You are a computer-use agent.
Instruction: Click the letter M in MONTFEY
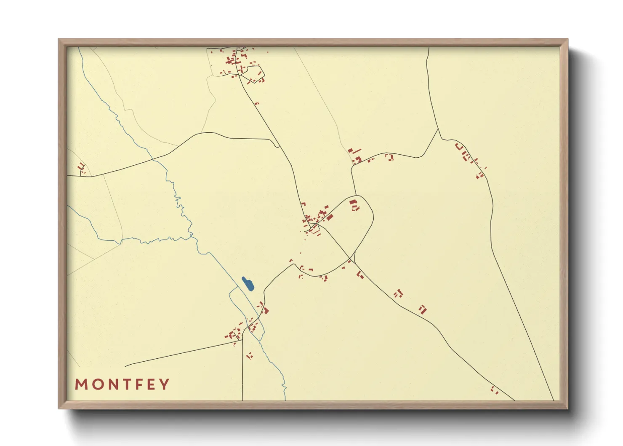(81, 384)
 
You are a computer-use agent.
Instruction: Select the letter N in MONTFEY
(111, 384)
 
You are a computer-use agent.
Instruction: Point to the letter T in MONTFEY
(125, 384)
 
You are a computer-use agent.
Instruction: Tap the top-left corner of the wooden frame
(59, 40)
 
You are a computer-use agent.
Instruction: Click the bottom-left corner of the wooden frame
(59, 408)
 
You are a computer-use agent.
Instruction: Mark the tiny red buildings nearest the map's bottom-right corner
(494, 390)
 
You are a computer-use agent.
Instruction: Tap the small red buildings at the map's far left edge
(82, 168)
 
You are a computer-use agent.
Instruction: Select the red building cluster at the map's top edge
(238, 63)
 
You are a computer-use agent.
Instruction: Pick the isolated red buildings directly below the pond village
(249, 356)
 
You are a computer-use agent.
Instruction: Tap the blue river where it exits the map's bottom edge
(285, 399)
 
